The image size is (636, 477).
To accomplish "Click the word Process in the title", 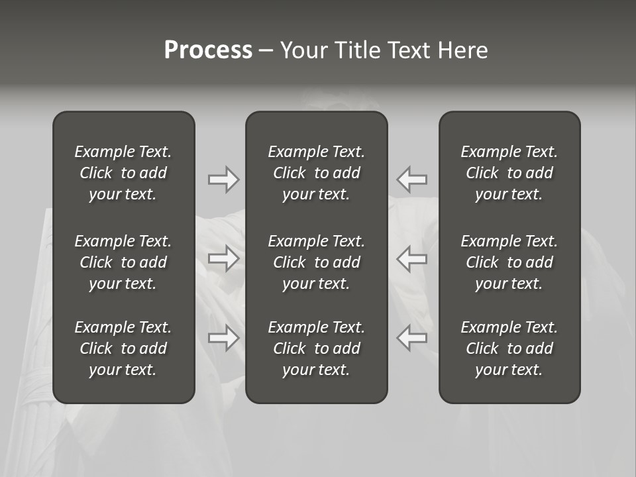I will pos(208,50).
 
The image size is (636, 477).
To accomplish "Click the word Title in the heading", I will pos(354,50).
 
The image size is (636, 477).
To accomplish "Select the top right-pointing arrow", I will pos(224,180).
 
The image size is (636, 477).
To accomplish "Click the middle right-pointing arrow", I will pos(224,258).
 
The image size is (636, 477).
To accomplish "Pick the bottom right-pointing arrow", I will pos(224,338).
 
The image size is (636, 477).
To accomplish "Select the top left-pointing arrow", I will pos(412,180).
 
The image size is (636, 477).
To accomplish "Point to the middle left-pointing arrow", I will pos(412,258).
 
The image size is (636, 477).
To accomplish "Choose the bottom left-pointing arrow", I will pos(412,338).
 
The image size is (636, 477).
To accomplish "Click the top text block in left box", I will pos(123,173).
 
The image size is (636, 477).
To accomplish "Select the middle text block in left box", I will pos(123,262).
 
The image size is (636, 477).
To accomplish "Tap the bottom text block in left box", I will pos(123,348).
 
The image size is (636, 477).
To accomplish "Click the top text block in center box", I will pos(317,173).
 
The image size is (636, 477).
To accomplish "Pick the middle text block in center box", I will pos(317,262).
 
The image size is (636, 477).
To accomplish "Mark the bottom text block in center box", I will pos(317,348).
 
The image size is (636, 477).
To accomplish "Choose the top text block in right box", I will pos(509,173).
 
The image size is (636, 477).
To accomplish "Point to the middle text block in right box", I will pos(509,262).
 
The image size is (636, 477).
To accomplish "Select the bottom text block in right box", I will pos(509,348).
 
